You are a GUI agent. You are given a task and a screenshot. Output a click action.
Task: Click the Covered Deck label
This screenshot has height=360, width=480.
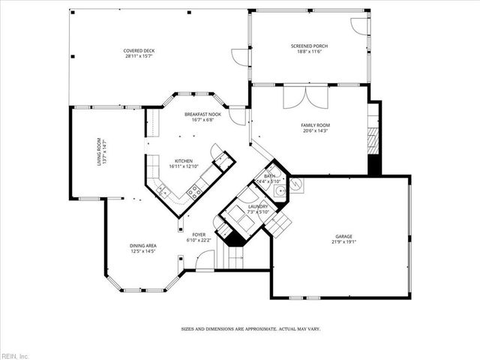139,51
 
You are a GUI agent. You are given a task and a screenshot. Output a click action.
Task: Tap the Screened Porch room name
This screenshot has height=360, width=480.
309,46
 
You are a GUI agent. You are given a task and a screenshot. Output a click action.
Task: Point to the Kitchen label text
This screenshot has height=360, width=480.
184,160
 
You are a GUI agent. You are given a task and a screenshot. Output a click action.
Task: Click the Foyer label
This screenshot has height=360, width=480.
199,235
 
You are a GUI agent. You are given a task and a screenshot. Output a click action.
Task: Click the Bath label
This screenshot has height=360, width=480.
269,175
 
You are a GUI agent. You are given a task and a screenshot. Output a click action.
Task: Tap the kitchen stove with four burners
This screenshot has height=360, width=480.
193,192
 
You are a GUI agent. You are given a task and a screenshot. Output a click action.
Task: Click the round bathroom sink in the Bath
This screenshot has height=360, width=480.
279,192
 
